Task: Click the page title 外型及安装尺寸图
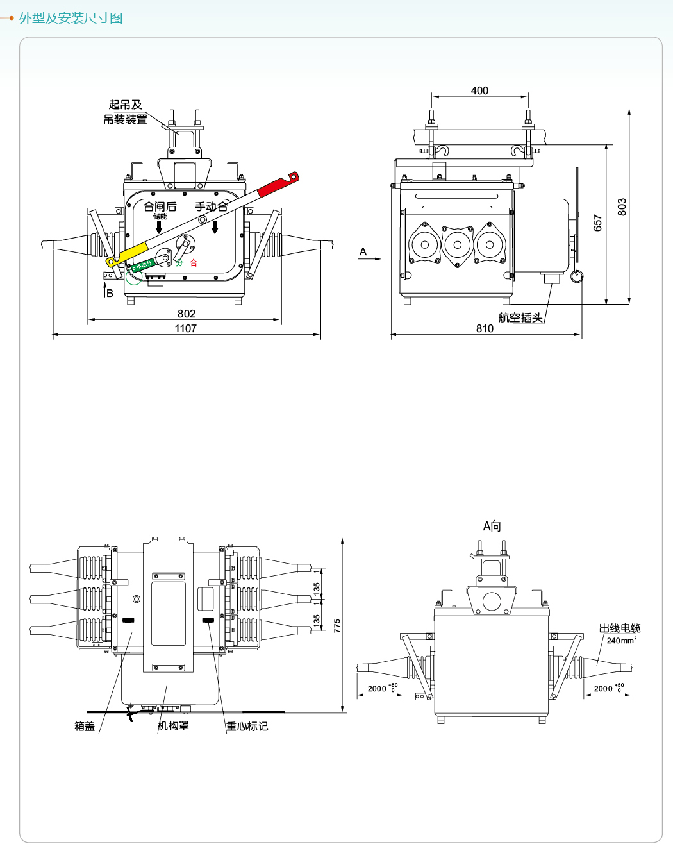pos(71,18)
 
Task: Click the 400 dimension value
pos(479,91)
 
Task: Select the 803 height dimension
pos(622,206)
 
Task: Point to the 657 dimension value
pos(598,223)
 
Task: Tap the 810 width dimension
pos(485,328)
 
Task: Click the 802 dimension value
pos(187,314)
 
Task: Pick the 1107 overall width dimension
pos(186,328)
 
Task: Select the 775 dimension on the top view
pos(337,626)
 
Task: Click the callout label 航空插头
pos(520,317)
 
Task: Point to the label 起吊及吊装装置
pos(126,112)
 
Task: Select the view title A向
pos(492,527)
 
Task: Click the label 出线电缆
pos(619,628)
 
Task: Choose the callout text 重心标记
pos(247,726)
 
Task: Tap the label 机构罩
pos(173,726)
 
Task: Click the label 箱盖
pos(85,726)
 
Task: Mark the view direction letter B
pos(110,293)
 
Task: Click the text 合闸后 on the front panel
pos(160,206)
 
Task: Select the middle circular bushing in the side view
pos(458,244)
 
